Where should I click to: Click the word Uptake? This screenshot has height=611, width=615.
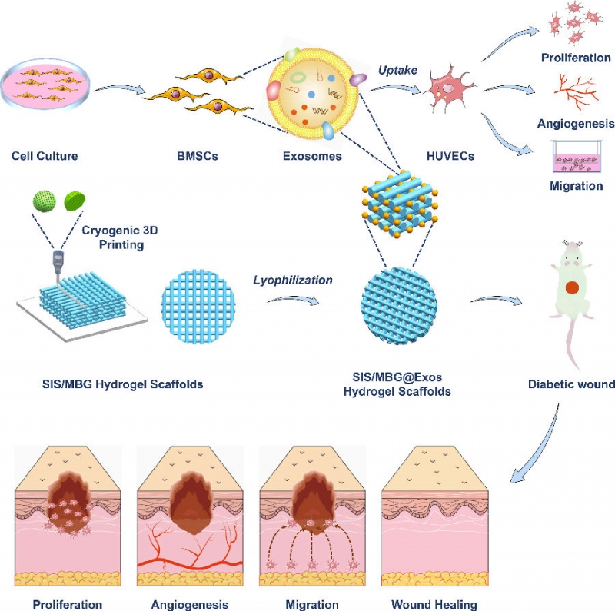pos(397,70)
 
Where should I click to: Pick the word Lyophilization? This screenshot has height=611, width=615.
pos(293,280)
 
